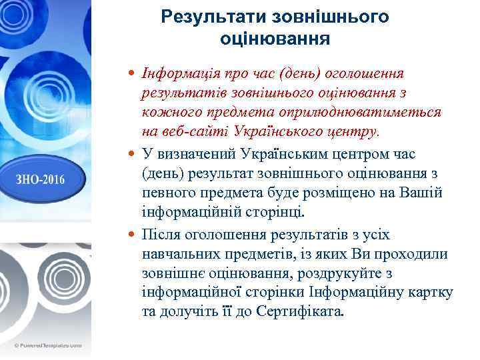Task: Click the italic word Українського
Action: click(x=279, y=130)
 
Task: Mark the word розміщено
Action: click(x=346, y=193)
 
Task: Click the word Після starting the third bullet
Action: click(x=160, y=235)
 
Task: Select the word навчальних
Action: click(x=177, y=255)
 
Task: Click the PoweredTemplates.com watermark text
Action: click(x=47, y=346)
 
